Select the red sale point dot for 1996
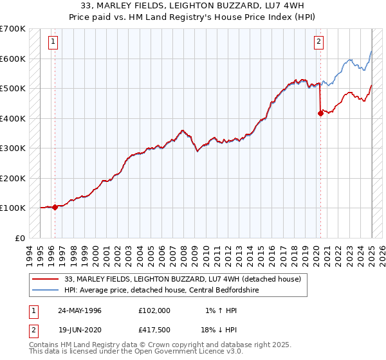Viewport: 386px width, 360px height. pos(55,207)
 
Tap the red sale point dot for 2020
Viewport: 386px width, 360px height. pos(320,114)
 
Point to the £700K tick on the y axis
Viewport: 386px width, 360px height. pos(13,29)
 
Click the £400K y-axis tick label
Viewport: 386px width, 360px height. pos(13,118)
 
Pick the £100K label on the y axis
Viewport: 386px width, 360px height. pos(13,208)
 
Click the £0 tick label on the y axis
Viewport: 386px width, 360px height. pos(20,238)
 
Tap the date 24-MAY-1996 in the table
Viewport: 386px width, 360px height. pos(80,310)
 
